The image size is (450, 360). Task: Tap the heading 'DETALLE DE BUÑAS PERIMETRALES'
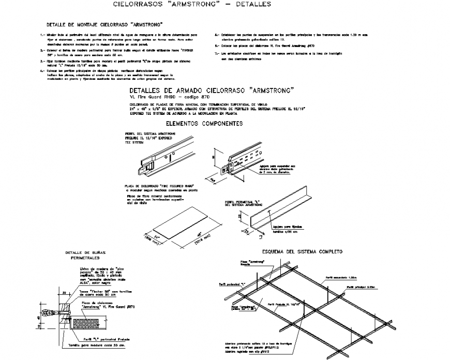pyautogui.click(x=85, y=254)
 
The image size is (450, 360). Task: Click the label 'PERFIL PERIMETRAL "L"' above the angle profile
pyautogui.click(x=242, y=202)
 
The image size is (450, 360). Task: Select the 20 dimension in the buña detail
pyautogui.click(x=64, y=292)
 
